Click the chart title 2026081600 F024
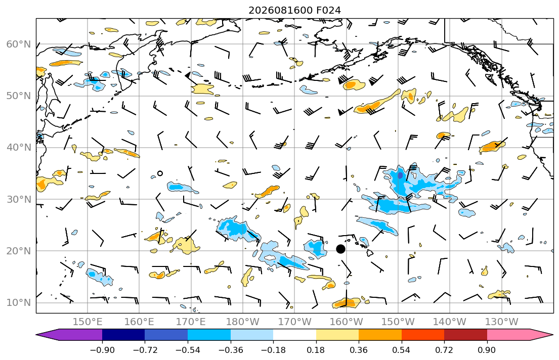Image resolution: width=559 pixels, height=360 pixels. tap(294, 10)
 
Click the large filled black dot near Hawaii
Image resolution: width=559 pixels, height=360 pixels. tap(340, 249)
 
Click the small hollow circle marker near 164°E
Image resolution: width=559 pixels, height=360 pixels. tap(160, 173)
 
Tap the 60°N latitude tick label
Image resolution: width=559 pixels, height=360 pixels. tap(19, 44)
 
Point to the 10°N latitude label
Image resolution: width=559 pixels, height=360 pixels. tap(19, 303)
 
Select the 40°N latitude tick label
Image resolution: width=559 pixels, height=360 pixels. tap(19, 148)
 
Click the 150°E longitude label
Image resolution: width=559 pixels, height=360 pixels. tap(88, 322)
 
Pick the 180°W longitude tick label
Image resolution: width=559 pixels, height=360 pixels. tap(243, 322)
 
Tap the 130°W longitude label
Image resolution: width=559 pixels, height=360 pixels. tap(502, 322)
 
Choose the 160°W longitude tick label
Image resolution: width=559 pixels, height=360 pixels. tap(347, 322)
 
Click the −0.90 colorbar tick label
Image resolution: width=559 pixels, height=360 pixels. tap(102, 350)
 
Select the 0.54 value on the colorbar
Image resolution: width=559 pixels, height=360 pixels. tap(402, 350)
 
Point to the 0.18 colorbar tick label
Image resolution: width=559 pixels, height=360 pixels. tap(316, 350)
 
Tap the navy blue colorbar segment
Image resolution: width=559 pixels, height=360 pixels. tap(123, 335)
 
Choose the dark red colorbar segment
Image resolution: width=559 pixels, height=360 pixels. tap(465, 335)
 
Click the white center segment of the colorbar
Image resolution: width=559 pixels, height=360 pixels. tap(294, 335)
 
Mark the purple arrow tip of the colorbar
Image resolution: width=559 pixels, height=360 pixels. tap(37, 335)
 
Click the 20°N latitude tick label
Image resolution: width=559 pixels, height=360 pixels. tap(19, 251)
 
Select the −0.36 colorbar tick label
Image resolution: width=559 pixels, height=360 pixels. tap(230, 350)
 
